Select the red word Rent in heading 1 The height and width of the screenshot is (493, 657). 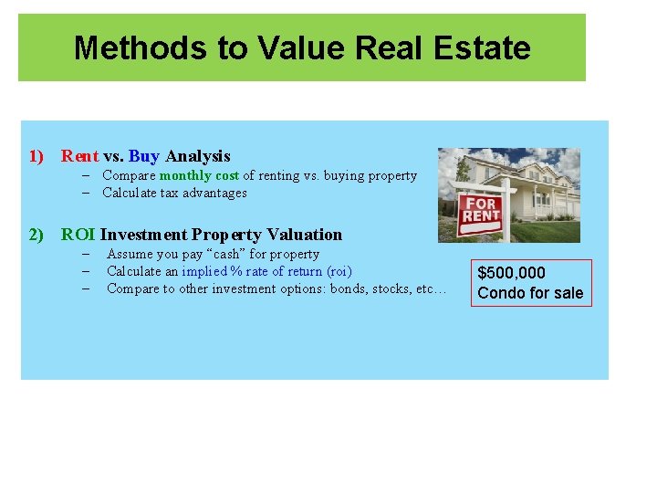click(79, 156)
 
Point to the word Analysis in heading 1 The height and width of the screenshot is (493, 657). click(198, 156)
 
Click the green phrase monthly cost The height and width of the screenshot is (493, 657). click(199, 175)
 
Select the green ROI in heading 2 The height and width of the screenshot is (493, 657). click(78, 235)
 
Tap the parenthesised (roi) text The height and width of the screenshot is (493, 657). click(339, 271)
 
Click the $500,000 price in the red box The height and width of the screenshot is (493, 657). click(512, 273)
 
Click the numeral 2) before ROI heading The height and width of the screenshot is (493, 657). click(36, 235)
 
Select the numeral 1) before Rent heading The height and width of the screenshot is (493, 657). click(36, 156)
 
